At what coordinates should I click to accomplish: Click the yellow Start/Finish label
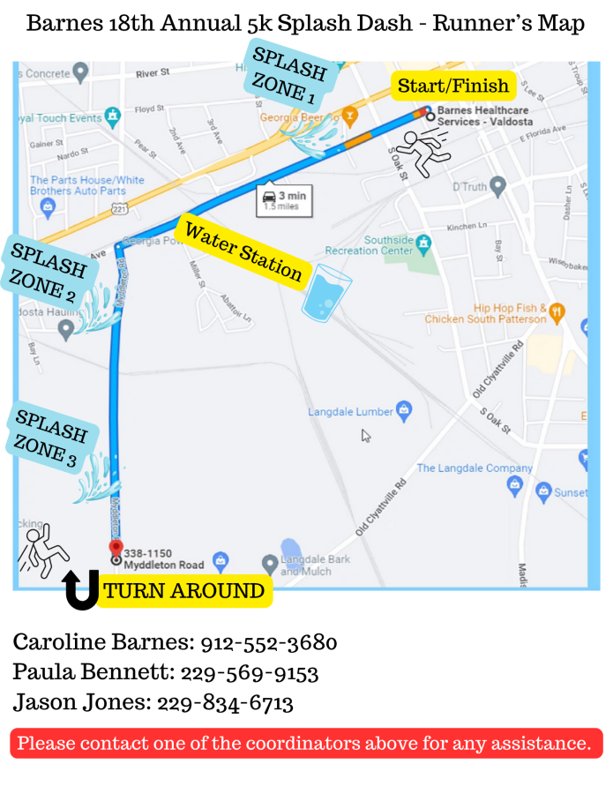coord(453,86)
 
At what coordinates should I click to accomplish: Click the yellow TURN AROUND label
coord(183,591)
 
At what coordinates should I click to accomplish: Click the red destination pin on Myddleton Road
coord(115,547)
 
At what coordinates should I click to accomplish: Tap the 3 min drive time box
coord(285,200)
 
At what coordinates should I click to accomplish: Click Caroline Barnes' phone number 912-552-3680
coord(269,642)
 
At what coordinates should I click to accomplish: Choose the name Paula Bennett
coord(93,672)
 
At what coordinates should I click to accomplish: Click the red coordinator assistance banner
coord(306,743)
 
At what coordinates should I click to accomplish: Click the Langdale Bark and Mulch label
coord(315,565)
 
